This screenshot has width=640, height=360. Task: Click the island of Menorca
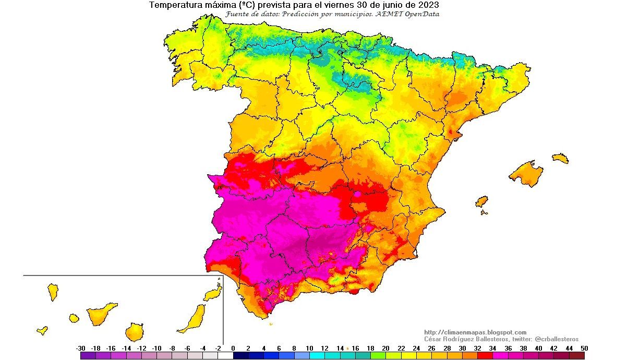560,158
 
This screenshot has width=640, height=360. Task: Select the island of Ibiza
481,201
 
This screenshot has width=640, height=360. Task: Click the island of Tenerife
102,314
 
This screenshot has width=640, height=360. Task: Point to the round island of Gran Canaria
134,331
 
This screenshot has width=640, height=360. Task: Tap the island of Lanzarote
213,294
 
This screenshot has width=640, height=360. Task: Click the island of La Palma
53,292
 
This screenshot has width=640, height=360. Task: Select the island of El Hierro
42,330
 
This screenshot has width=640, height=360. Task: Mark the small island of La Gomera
74,318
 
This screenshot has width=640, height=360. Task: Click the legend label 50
584,348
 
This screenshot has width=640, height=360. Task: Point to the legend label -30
80,348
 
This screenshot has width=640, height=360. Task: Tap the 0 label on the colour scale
233,348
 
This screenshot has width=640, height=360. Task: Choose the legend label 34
493,348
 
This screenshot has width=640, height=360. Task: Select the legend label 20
386,348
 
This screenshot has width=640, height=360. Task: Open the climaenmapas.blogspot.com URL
475,332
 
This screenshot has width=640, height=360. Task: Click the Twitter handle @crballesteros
557,339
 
